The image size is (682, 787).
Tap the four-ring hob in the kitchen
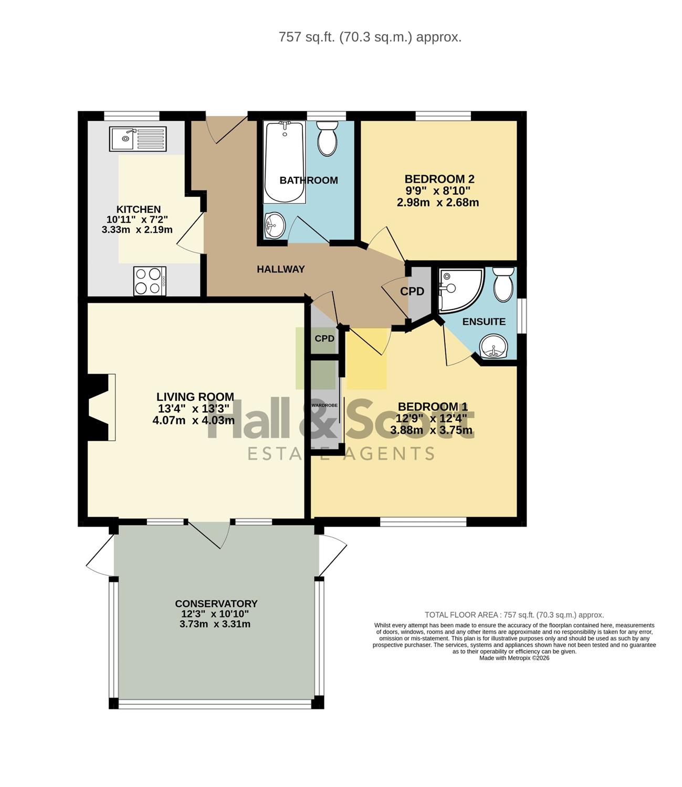click(150, 281)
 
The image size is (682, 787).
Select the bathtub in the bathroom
click(284, 162)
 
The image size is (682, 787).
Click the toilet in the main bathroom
click(327, 138)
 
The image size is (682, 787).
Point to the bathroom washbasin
click(275, 225)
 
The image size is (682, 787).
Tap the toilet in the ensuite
click(503, 284)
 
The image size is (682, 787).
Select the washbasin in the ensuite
click(494, 347)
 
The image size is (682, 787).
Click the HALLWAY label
click(281, 269)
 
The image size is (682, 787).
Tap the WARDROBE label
click(324, 406)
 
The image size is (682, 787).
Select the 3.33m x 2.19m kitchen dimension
click(137, 230)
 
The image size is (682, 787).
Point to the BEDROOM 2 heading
click(439, 178)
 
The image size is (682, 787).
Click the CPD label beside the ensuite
click(412, 291)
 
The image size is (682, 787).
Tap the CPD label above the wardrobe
click(324, 338)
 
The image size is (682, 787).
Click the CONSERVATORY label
click(216, 603)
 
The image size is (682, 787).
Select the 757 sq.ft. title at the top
click(370, 37)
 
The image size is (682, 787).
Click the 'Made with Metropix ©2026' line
click(515, 658)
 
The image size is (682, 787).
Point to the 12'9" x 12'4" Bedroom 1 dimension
click(431, 419)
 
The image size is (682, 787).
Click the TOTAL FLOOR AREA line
click(515, 615)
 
